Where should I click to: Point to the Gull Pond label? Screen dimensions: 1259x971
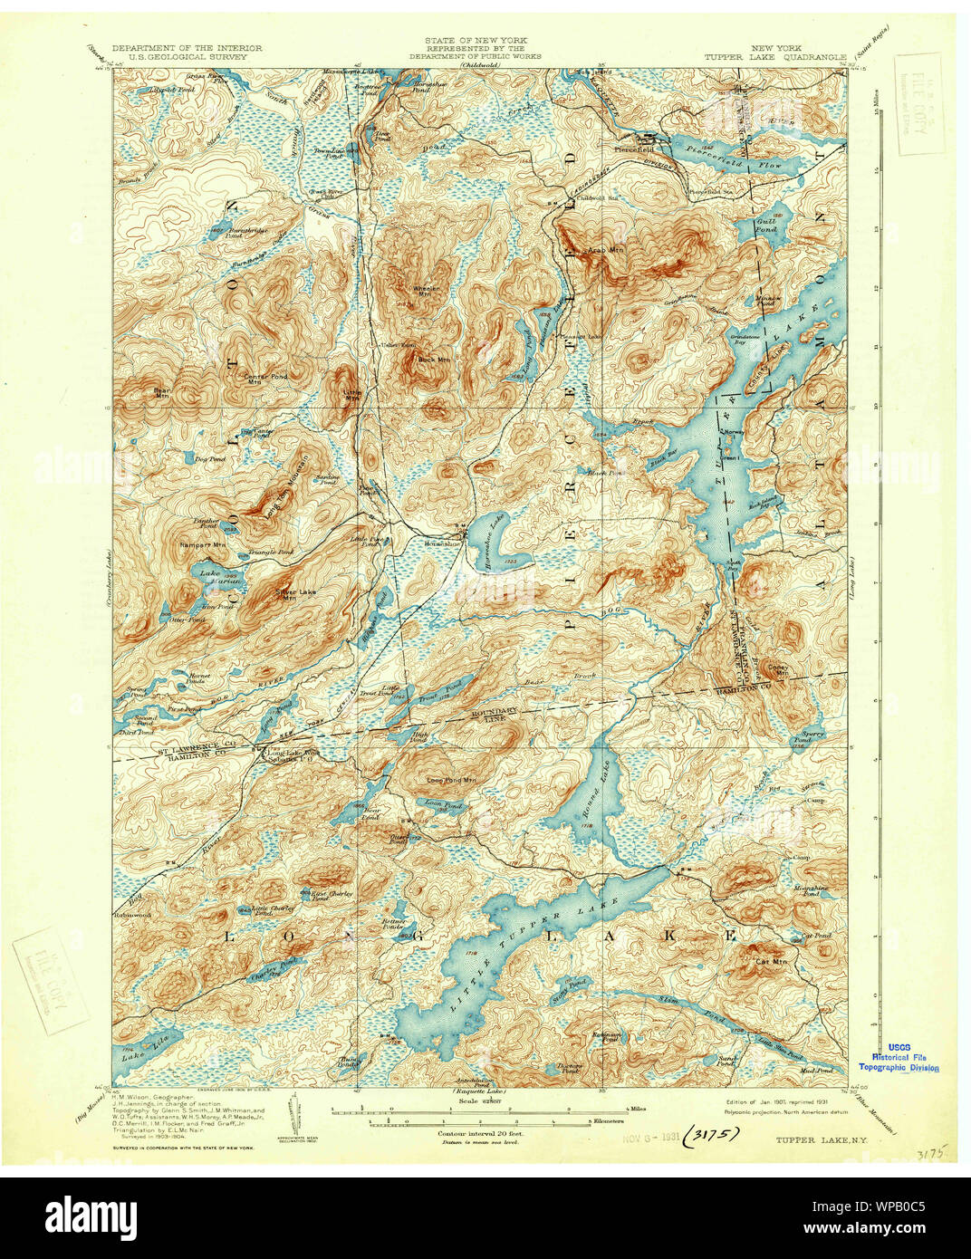[766, 222]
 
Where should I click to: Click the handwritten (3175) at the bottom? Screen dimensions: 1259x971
[712, 1132]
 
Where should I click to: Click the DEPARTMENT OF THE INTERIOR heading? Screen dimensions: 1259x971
[187, 48]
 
